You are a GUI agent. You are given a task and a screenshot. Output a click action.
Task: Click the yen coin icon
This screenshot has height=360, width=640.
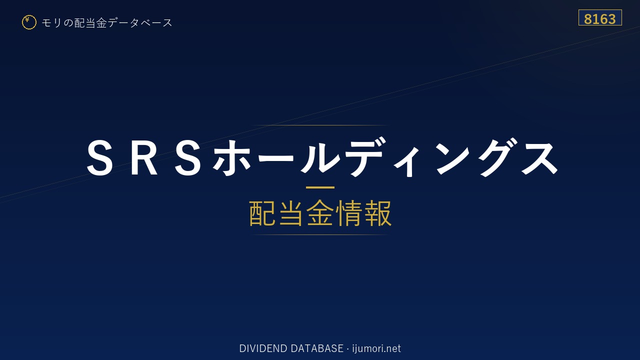[29, 22]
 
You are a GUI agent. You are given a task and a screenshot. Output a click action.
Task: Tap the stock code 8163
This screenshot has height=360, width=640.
[599, 19]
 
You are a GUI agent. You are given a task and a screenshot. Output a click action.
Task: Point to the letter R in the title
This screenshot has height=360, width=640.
[143, 157]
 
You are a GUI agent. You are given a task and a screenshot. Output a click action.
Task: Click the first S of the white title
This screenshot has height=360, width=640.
[99, 157]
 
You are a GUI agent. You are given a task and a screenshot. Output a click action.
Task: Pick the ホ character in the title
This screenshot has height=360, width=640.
[230, 157]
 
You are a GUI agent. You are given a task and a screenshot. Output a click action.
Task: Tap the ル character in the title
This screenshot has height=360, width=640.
[319, 157]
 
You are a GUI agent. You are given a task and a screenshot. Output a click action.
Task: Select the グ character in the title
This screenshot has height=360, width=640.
[497, 157]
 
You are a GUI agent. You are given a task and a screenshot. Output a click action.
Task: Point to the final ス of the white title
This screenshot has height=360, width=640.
[539, 157]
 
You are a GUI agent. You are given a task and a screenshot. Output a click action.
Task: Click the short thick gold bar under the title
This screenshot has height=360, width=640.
[320, 187]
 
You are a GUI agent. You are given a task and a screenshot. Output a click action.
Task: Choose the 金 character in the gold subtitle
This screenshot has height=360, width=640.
[320, 213]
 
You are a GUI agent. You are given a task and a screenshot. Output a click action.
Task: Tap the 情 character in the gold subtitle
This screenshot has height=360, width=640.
[348, 213]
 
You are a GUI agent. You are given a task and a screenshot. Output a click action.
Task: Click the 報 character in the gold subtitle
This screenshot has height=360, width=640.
[377, 213]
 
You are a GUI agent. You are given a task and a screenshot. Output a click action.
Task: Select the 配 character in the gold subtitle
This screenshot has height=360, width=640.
[262, 213]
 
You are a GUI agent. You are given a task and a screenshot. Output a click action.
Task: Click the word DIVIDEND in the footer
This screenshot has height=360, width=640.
[263, 348]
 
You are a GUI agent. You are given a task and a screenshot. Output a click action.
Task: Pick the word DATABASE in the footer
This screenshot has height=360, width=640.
[317, 348]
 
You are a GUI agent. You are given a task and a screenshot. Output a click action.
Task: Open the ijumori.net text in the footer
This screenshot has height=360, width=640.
[376, 348]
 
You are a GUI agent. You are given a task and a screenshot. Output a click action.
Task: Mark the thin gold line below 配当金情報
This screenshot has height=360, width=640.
[320, 234]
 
